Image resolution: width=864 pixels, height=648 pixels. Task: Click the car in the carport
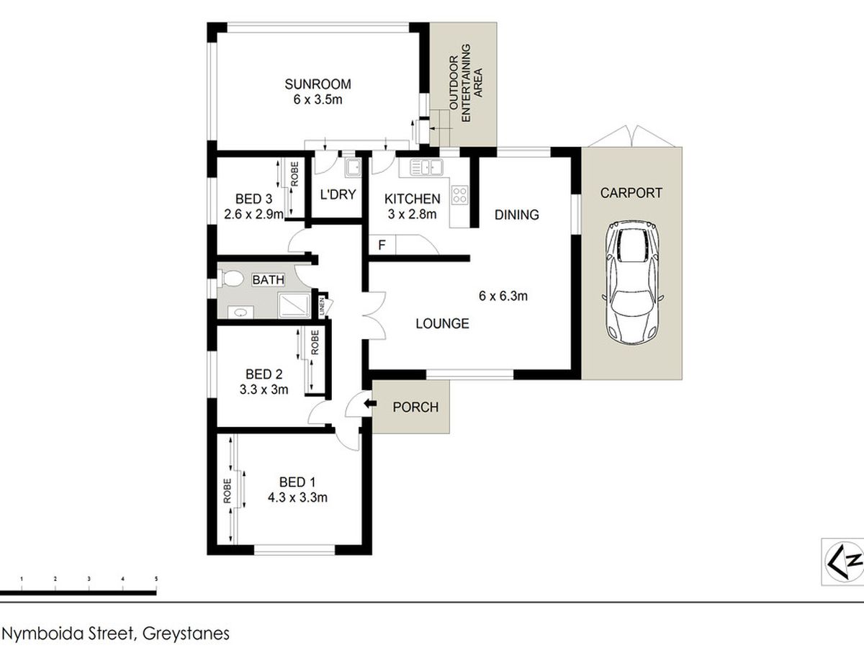(633, 282)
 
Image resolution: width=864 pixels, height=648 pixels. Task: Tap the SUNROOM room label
(318, 84)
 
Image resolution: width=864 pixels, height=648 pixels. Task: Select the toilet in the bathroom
(230, 278)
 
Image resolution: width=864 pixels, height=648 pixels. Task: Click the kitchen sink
(426, 167)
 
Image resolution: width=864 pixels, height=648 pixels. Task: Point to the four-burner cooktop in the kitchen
(459, 195)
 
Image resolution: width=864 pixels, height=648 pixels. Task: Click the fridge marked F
(382, 245)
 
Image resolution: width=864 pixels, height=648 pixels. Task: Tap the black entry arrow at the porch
(370, 404)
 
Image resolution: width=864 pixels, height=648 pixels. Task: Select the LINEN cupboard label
(322, 307)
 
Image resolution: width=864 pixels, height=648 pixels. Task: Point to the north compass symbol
(843, 562)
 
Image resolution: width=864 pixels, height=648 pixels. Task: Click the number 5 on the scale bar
(156, 579)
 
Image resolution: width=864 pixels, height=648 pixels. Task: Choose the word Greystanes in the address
(186, 634)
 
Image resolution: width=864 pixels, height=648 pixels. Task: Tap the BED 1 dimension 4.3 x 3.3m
(297, 498)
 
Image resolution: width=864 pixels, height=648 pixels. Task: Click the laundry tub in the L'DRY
(352, 167)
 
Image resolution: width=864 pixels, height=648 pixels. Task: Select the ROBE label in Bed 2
(315, 342)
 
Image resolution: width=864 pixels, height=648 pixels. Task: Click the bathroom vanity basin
(240, 312)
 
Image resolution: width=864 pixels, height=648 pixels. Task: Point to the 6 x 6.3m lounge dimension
(503, 295)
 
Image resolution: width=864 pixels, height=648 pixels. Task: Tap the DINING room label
(516, 215)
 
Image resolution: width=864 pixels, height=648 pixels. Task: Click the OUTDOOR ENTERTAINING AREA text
(465, 83)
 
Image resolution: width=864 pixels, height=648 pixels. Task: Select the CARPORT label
(631, 193)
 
